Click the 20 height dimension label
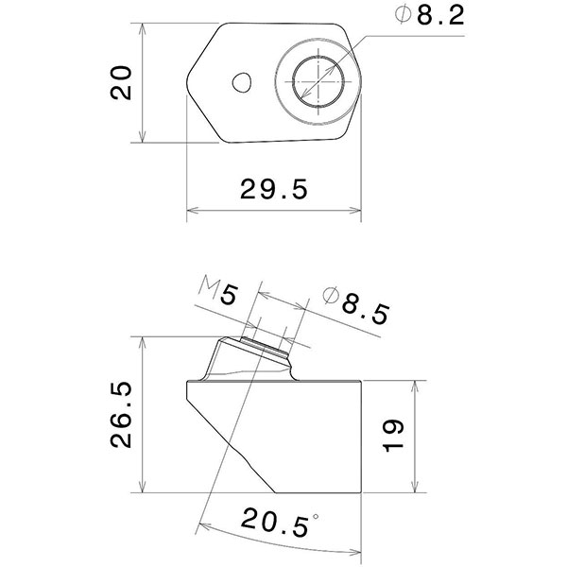coord(120,84)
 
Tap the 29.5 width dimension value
coord(275,189)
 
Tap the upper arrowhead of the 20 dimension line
coord(143,29)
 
